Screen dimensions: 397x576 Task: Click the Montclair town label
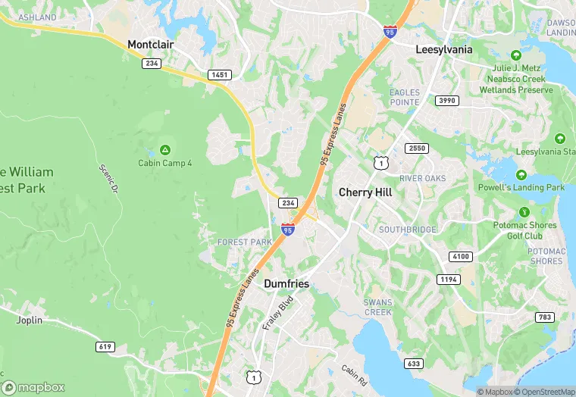coord(151,45)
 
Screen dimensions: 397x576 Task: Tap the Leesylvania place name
coord(444,49)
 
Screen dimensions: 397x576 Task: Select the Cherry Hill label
coord(365,192)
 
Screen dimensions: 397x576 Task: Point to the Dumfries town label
coord(286,283)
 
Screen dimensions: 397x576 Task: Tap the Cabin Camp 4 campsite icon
coord(165,149)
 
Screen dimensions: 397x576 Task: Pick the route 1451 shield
coord(220,75)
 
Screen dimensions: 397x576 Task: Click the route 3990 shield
coord(447,100)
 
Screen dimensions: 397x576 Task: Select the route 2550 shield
coord(416,148)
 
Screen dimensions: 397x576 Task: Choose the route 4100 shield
coord(459,256)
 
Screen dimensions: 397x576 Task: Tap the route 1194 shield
coord(449,280)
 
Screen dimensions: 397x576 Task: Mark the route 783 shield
coord(544,317)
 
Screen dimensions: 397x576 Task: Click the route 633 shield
coord(414,364)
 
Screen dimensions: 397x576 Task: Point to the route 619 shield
coord(105,346)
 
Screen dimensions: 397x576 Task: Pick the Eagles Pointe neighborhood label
coord(405,97)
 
